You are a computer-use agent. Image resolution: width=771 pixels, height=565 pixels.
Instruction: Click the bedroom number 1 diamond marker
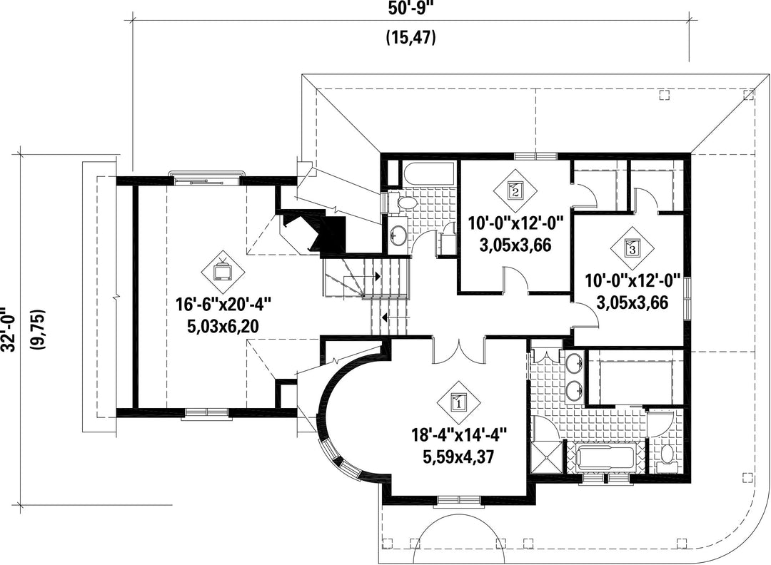tap(458, 402)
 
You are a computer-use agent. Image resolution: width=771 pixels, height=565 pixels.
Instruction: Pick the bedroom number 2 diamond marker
tap(515, 190)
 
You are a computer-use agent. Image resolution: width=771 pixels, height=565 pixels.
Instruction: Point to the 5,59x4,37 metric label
tap(458, 457)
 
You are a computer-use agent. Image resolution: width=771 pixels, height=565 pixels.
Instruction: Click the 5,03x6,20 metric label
tap(223, 327)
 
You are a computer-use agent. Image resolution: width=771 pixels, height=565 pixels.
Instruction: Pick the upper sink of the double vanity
tap(573, 364)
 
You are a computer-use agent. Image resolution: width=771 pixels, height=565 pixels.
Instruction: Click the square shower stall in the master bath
tap(546, 454)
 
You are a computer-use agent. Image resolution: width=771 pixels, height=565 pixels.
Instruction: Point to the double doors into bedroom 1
tap(459, 350)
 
